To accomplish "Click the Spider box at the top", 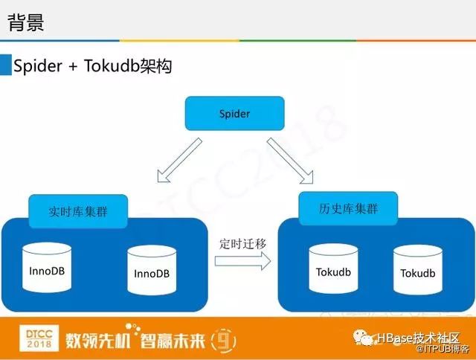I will (x=234, y=115).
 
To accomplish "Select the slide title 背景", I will (x=26, y=22).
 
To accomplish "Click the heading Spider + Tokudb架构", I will (x=93, y=66).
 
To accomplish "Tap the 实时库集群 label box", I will (x=77, y=210).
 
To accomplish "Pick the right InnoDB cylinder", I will (x=152, y=273).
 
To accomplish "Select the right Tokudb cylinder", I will (x=417, y=273).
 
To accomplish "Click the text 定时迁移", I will (x=242, y=243).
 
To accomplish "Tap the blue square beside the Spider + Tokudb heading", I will (x=6, y=65).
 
